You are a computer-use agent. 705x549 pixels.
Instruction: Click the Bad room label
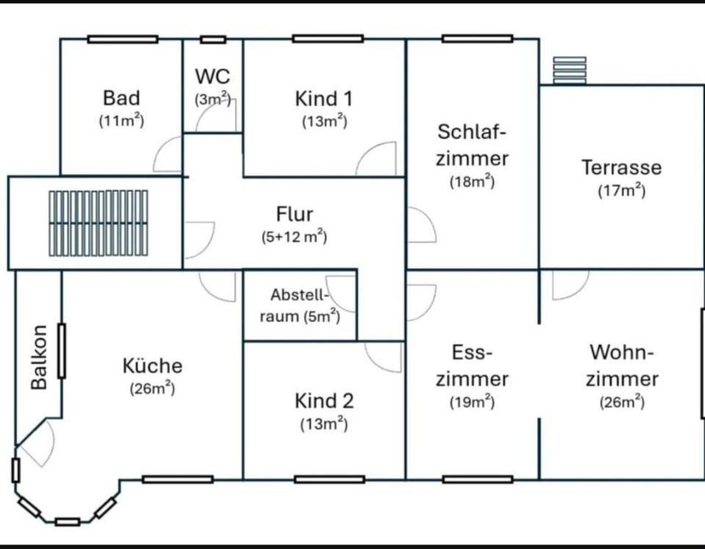click(x=121, y=98)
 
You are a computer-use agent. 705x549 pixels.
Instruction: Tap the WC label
click(x=212, y=76)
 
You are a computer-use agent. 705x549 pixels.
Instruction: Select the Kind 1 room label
click(x=324, y=98)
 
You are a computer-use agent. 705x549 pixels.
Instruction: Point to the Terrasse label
click(x=621, y=167)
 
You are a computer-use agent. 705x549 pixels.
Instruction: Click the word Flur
click(x=294, y=214)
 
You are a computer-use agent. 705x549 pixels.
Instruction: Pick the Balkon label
click(x=40, y=357)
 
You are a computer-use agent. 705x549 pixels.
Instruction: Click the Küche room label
click(x=152, y=366)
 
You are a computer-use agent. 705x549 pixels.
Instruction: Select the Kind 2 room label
click(x=324, y=401)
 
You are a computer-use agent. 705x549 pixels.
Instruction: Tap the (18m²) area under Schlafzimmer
click(x=472, y=182)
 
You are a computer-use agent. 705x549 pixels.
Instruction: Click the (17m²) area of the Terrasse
click(x=621, y=191)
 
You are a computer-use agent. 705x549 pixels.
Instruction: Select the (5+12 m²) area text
click(x=294, y=237)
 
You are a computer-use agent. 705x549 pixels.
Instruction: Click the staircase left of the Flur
click(x=98, y=223)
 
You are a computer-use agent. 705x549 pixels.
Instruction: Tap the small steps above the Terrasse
click(x=570, y=70)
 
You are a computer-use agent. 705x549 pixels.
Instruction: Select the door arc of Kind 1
click(x=377, y=160)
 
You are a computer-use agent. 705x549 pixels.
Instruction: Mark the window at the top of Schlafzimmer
click(x=477, y=38)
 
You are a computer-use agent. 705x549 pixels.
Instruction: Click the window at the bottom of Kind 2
click(x=329, y=479)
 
